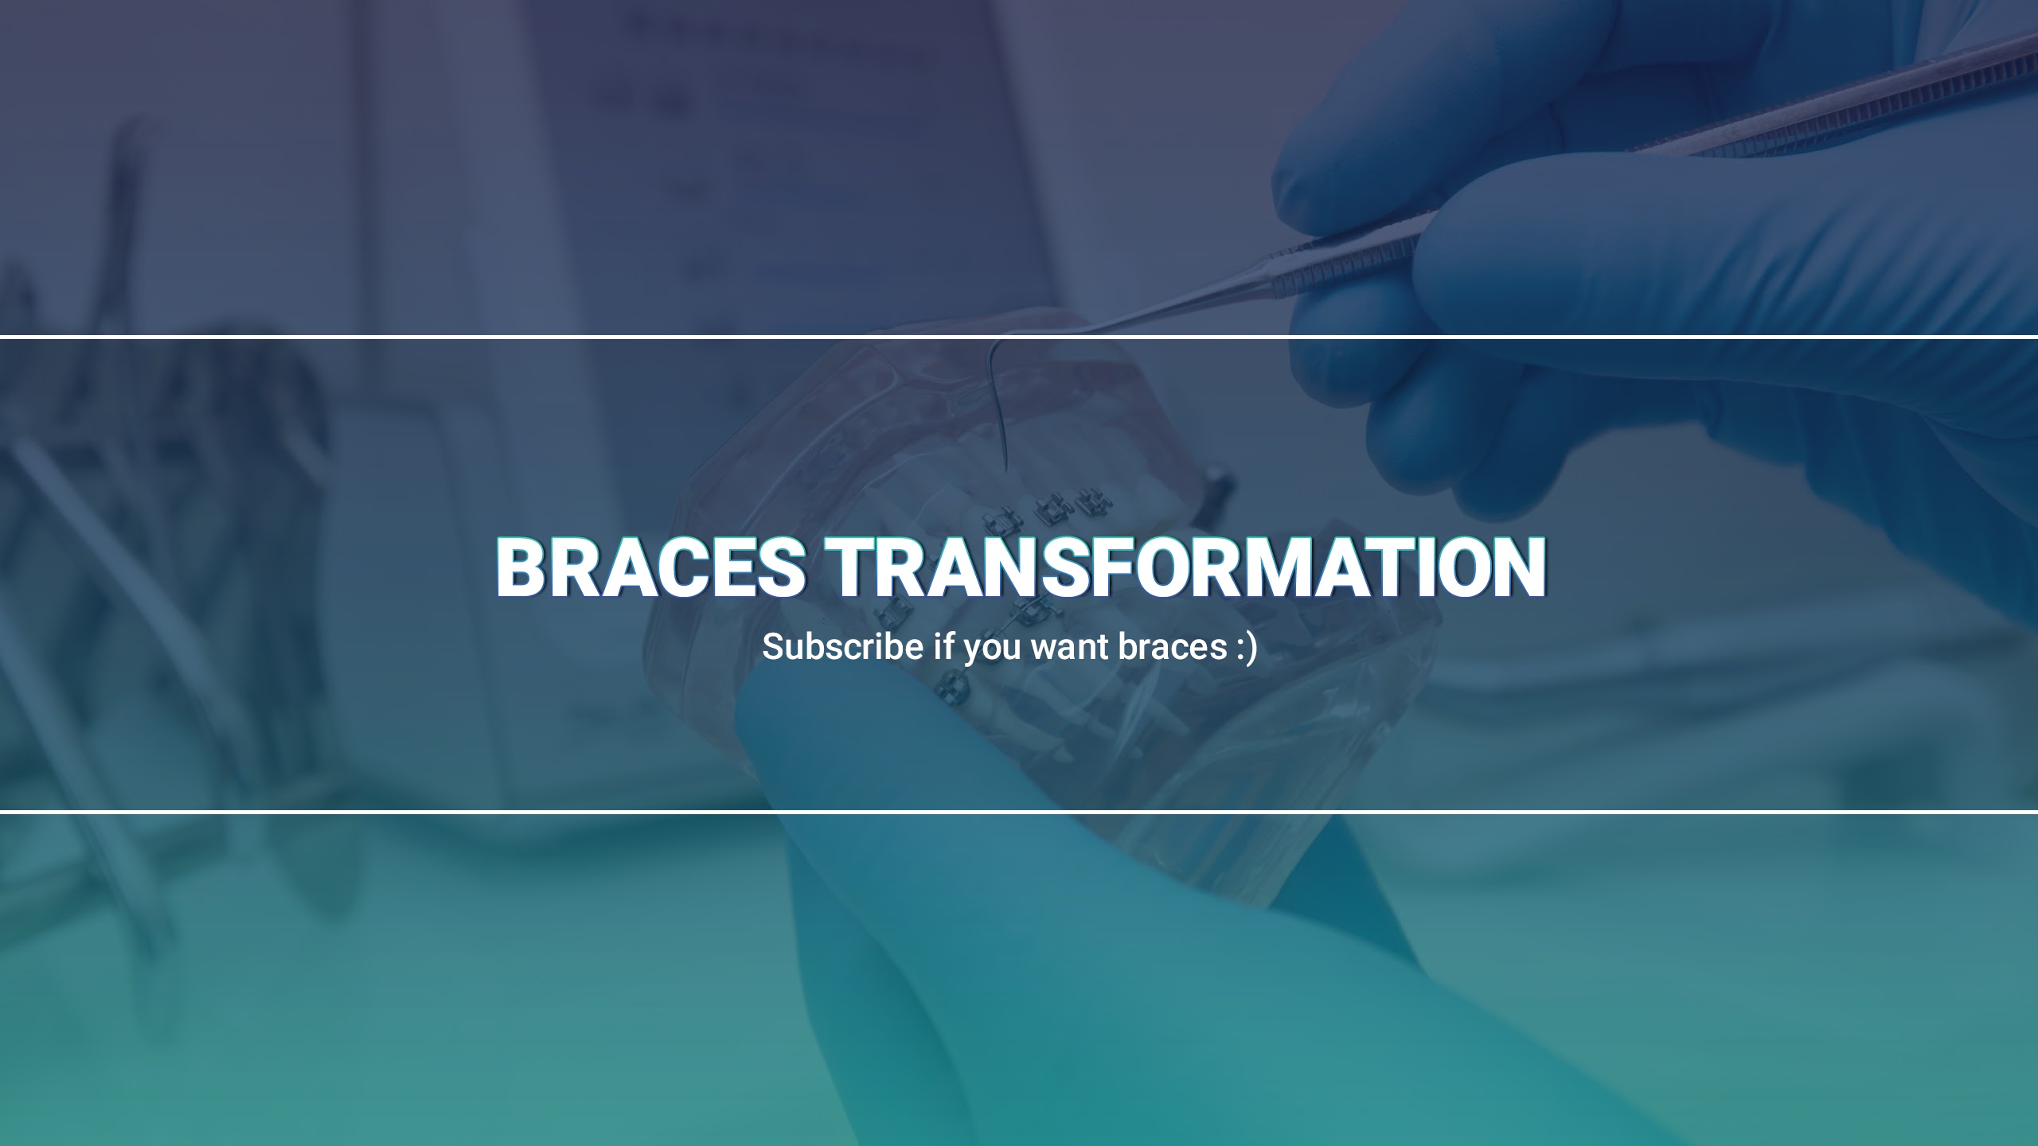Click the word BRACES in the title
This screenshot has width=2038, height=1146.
650,567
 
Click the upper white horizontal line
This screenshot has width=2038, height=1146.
1019,337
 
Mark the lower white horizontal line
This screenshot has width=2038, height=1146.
1019,811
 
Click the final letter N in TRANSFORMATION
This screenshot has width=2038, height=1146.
1517,567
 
